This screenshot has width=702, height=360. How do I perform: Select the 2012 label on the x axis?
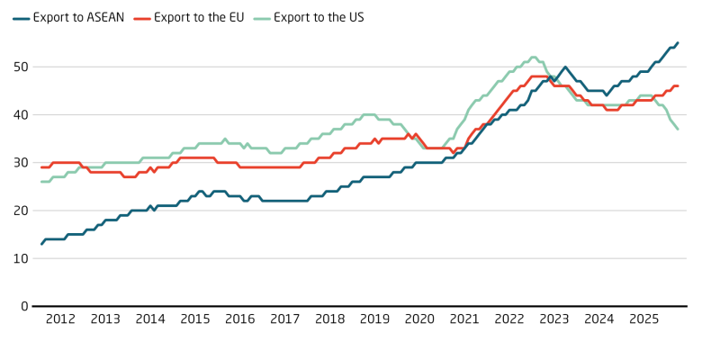pos(60,319)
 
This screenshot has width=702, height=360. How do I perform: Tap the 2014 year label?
pos(150,319)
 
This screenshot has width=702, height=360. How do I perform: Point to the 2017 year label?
pos(284,319)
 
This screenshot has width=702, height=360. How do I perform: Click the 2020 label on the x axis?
pos(419,319)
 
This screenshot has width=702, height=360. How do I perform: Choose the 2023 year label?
pos(553,319)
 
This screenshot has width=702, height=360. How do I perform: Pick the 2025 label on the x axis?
pos(643,319)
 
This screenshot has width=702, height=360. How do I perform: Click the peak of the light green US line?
pos(534,57)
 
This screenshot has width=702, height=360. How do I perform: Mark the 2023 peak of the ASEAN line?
pos(565,67)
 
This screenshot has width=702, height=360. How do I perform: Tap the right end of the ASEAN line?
pos(678,42)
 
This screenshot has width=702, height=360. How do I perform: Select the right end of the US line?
pos(678,129)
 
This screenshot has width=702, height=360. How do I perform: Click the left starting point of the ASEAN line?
pos(41,243)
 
